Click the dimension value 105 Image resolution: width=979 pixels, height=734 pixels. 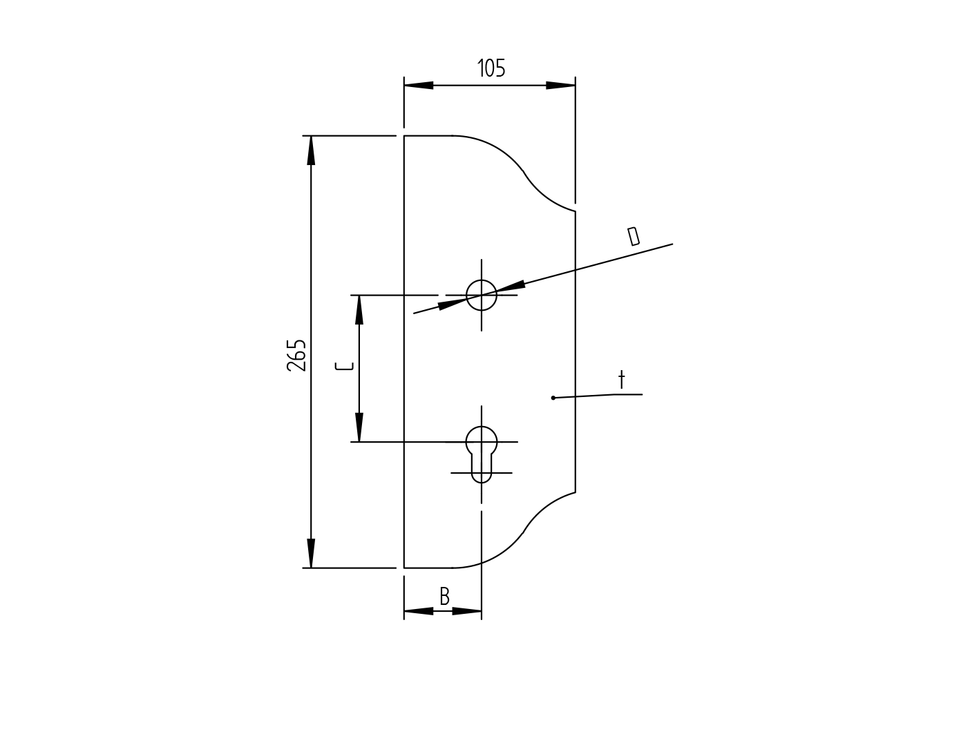click(491, 68)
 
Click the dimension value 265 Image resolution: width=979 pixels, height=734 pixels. click(296, 355)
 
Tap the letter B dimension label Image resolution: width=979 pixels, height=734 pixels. click(444, 597)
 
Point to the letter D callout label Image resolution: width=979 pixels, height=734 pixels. click(633, 236)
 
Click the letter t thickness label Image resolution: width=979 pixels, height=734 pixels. click(621, 380)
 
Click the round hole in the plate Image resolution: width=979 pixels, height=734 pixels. click(482, 295)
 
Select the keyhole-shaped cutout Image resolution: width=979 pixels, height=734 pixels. click(482, 453)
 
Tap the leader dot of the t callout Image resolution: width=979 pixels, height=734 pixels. click(553, 398)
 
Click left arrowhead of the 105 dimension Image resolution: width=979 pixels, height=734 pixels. click(419, 86)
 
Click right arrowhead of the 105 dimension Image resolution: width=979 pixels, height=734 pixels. click(560, 86)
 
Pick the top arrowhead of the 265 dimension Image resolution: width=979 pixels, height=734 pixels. click(311, 151)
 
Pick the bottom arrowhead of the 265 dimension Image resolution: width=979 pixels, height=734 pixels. click(311, 553)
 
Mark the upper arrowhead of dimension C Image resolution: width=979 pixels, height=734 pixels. click(359, 310)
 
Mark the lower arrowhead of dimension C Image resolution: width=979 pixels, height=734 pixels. click(359, 427)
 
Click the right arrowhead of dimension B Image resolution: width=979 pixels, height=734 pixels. click(467, 611)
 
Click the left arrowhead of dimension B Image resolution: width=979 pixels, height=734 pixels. click(419, 611)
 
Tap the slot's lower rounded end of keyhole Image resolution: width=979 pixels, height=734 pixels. click(482, 479)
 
